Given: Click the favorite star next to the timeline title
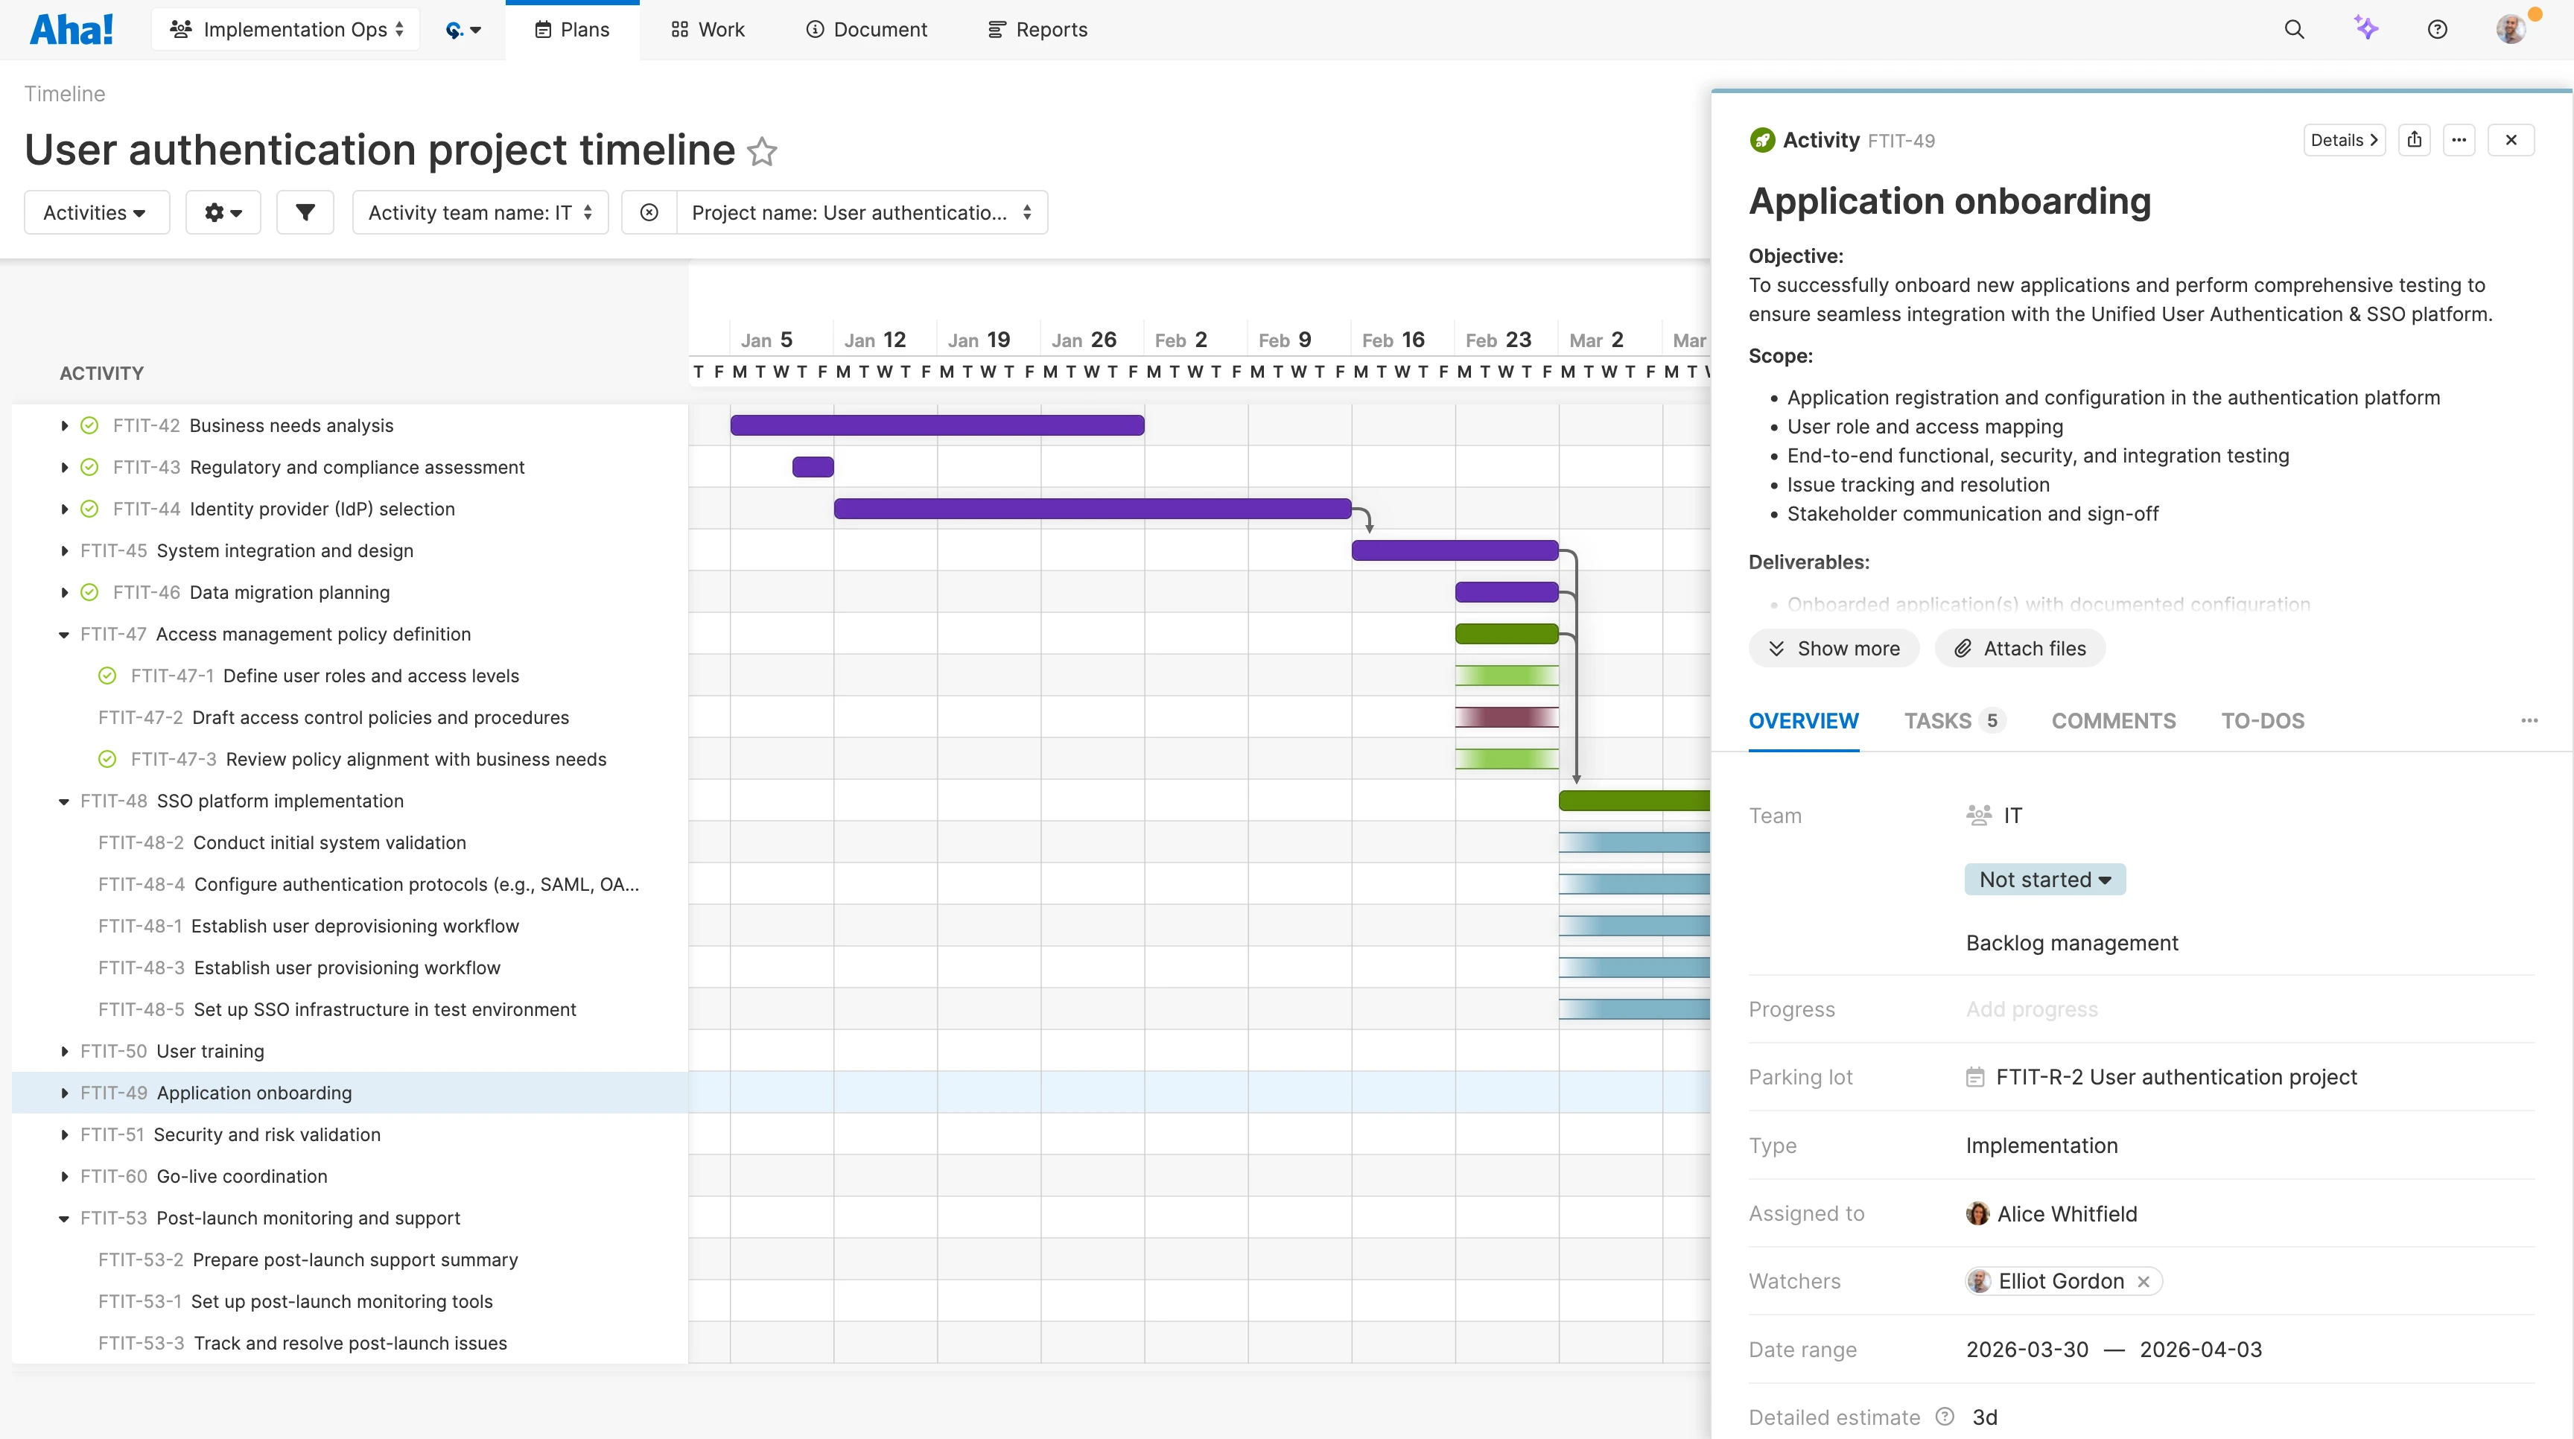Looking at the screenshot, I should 763,152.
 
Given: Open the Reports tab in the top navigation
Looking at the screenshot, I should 1038,30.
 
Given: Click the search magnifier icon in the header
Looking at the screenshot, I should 2294,30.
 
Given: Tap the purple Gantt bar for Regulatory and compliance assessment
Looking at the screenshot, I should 813,467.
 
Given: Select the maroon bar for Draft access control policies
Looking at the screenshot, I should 1507,717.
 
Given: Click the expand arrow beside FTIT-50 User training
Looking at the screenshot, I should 65,1051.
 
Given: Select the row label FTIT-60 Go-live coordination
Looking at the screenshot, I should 241,1176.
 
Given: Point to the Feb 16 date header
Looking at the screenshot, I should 1393,340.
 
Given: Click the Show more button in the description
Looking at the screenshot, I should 1834,649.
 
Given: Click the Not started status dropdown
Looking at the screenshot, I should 2044,880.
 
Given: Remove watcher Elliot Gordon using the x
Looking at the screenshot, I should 2144,1282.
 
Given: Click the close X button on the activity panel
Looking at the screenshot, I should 2511,140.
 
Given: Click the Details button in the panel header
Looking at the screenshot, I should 2343,140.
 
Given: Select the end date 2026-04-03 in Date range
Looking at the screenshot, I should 2200,1349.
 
